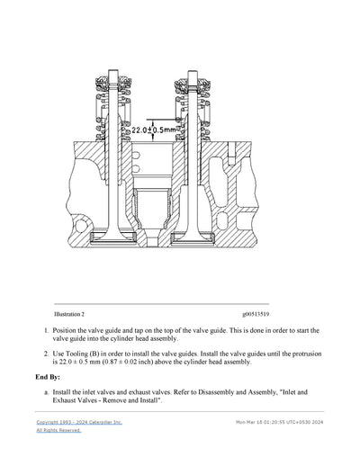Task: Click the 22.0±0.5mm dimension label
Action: [153, 130]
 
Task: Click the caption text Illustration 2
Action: [69, 315]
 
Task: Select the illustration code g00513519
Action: [260, 315]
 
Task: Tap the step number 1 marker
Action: [46, 331]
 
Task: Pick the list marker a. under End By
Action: [46, 393]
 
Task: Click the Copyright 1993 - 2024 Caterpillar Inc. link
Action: [78, 421]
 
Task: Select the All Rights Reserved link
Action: [58, 430]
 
